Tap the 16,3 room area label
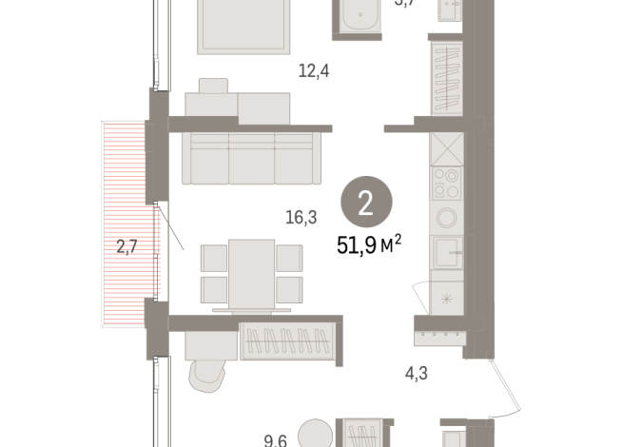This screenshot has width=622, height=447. tap(301, 217)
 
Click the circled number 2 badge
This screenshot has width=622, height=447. tap(365, 202)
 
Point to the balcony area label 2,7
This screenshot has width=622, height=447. tap(126, 248)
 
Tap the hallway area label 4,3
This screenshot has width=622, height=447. tap(417, 374)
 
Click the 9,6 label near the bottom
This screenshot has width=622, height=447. tap(276, 439)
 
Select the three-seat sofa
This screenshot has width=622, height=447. tap(252, 157)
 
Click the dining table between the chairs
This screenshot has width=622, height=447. tap(252, 273)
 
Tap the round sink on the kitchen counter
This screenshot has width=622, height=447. tap(446, 218)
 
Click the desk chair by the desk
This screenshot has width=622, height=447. tap(209, 375)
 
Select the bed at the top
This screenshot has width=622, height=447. tap(245, 27)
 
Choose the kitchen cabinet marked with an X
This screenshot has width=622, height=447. tap(446, 146)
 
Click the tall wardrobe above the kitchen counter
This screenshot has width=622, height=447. tap(446, 76)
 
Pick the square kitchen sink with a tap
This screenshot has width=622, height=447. tap(446, 254)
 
